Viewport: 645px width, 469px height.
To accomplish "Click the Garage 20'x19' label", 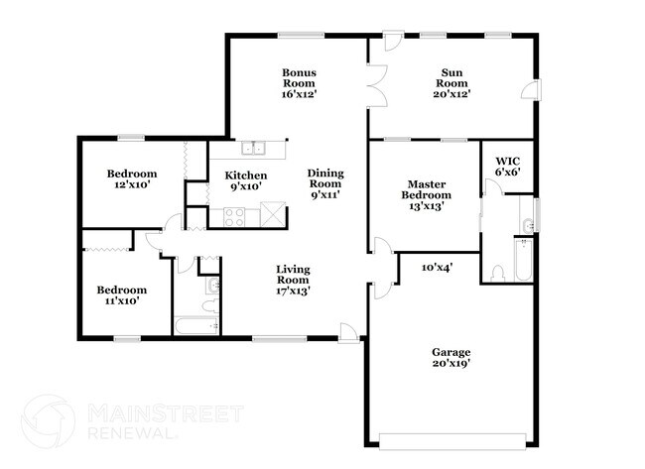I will pos(451,358).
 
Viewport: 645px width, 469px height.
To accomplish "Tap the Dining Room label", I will pos(324,183).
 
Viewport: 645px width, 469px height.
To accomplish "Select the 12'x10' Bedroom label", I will pos(132,179).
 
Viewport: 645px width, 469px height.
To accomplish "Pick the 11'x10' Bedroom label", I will pos(121,295).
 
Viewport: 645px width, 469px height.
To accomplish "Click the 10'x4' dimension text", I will pos(437,268).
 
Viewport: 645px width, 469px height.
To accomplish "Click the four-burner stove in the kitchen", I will pos(235,215).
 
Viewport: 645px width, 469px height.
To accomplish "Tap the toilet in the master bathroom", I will pos(498,272).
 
